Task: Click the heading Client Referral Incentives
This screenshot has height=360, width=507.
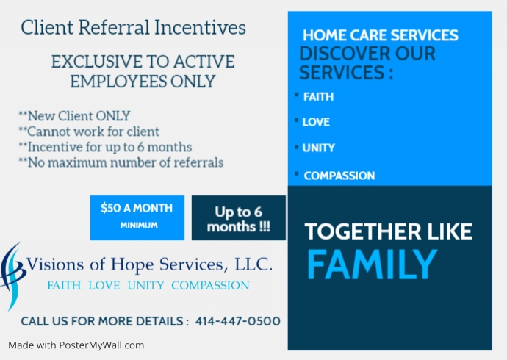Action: (133, 28)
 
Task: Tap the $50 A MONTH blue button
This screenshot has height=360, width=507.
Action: (137, 217)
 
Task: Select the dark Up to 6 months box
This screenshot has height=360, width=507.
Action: (238, 218)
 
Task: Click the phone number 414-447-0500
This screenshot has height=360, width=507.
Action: (238, 321)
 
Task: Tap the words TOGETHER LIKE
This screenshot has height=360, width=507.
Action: (389, 231)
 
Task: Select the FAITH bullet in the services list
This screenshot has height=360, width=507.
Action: (318, 96)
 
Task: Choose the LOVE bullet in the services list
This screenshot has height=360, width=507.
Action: (316, 122)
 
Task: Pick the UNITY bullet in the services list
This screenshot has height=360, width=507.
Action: (319, 148)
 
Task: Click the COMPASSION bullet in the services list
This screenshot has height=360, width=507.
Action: (339, 176)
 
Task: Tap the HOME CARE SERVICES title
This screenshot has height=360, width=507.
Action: (380, 35)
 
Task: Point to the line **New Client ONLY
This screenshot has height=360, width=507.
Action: (74, 115)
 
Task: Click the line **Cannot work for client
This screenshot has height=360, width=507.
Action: (89, 131)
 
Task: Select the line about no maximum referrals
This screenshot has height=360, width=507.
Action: (121, 162)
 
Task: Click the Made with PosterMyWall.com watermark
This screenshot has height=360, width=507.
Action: (76, 345)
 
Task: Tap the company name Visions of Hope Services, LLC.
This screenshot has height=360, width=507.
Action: (149, 264)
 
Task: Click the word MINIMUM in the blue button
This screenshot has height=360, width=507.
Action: (139, 225)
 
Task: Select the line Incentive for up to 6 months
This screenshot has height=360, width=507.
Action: (105, 146)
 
